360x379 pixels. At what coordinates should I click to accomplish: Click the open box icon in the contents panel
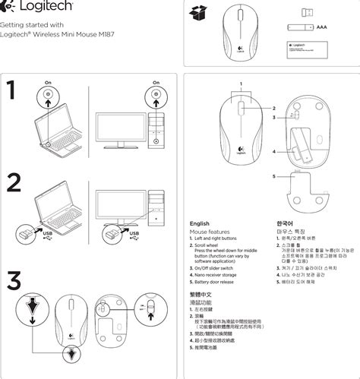[x=200, y=13]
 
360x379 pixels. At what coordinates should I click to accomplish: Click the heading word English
[x=199, y=223]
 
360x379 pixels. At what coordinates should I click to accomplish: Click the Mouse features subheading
[x=210, y=231]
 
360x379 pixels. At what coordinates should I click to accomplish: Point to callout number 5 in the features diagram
[x=274, y=175]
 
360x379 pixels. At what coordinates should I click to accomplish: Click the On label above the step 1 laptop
[x=48, y=82]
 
